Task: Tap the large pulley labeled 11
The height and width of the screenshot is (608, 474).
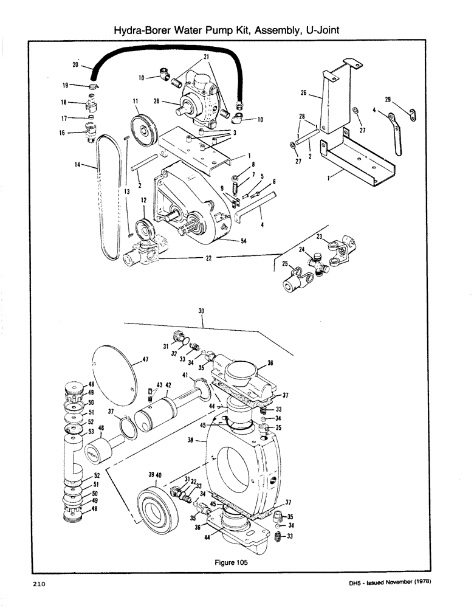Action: click(x=143, y=126)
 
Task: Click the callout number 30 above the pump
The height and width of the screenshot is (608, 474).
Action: click(x=202, y=311)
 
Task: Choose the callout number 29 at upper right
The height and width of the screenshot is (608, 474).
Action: click(x=387, y=99)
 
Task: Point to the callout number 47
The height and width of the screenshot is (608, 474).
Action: click(x=146, y=360)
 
